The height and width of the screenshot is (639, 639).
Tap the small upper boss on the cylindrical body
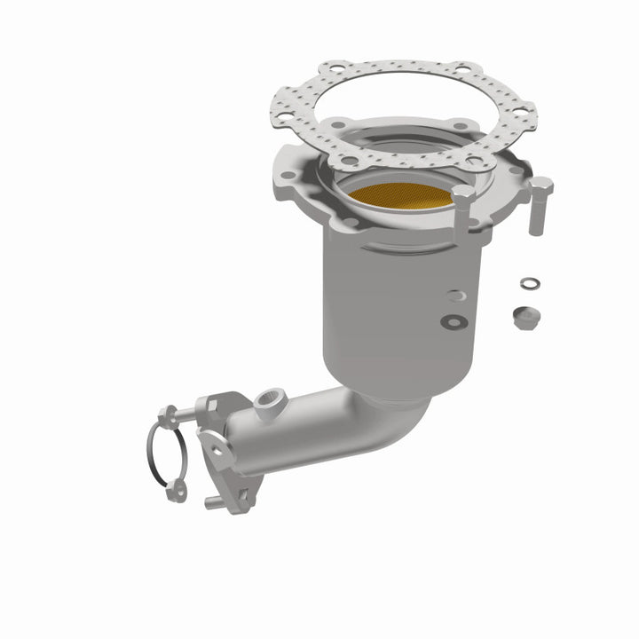coord(454,296)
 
